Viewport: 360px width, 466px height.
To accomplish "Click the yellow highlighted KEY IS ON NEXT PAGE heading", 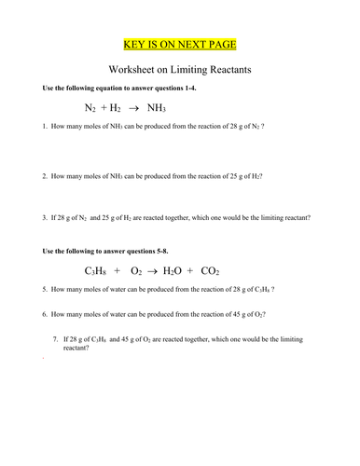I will coord(180,43).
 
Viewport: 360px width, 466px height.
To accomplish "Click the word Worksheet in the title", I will coord(135,69).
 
